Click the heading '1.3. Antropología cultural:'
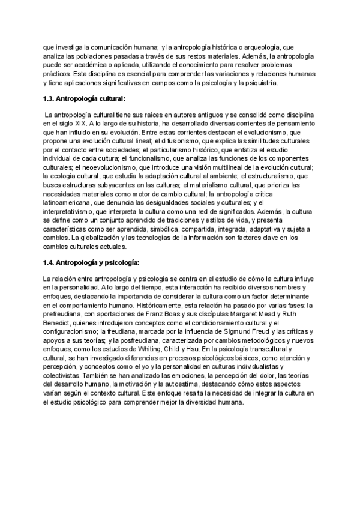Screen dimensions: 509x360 (85, 100)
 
